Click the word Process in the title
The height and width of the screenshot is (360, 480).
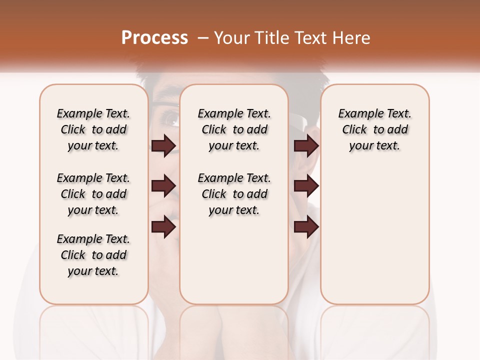(154, 38)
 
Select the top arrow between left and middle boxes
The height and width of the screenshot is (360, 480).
(163, 145)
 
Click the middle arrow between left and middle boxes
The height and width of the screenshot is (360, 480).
(163, 186)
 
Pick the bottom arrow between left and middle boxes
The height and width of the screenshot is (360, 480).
(163, 227)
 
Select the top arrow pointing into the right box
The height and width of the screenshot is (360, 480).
(306, 145)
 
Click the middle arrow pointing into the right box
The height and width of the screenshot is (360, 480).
(306, 186)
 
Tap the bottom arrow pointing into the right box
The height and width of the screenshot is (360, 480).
(306, 227)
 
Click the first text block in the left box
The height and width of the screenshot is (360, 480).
(93, 129)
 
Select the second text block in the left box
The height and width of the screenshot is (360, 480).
(93, 194)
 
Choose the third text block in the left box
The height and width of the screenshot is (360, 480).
(93, 255)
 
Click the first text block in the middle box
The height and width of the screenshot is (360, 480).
(234, 129)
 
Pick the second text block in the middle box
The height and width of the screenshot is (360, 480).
(234, 194)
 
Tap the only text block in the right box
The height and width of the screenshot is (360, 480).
(374, 129)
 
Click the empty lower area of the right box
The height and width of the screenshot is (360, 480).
(374, 240)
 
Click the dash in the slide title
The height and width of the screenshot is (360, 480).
(203, 38)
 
